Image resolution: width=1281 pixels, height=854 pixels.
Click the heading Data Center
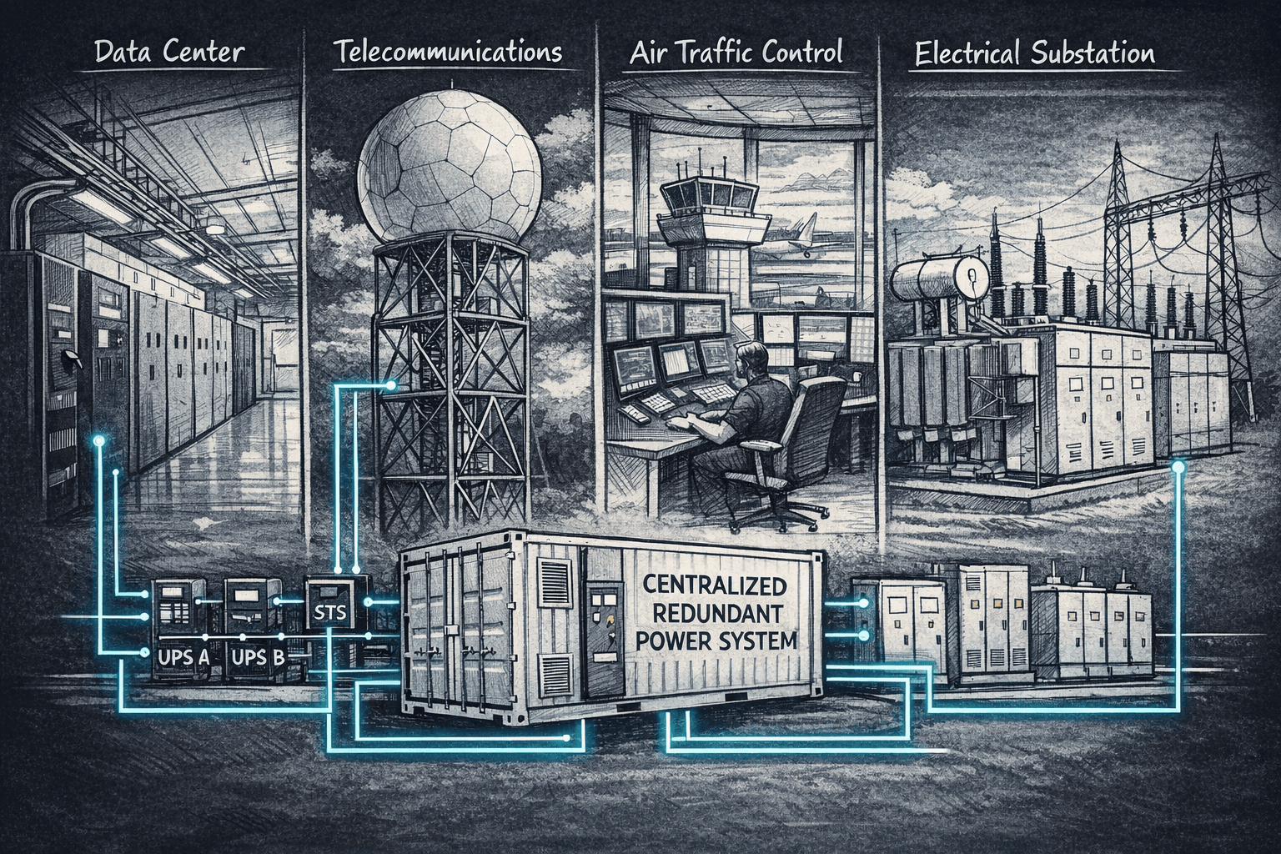(x=169, y=53)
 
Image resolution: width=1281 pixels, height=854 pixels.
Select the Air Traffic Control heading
(x=736, y=53)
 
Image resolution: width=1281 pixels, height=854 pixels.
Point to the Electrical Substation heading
(x=1034, y=54)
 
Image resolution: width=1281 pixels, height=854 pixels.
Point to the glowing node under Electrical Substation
(x=1178, y=467)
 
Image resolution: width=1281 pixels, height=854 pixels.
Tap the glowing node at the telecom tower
(x=391, y=385)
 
